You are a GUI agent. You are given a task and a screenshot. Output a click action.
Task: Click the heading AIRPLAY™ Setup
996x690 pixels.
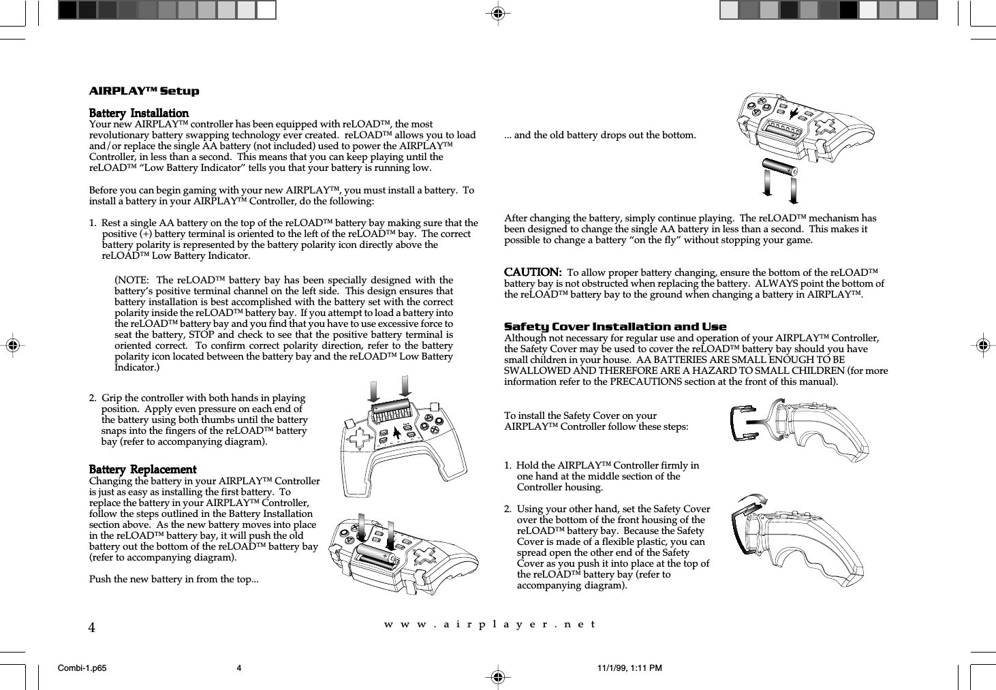pos(144,91)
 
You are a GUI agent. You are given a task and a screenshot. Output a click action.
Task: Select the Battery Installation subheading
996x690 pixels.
pos(139,113)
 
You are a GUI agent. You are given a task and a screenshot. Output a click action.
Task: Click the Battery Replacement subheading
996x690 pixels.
pos(142,470)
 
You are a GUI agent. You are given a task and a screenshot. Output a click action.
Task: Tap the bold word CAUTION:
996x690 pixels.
pos(532,272)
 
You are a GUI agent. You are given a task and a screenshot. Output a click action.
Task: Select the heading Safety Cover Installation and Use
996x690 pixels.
pos(614,327)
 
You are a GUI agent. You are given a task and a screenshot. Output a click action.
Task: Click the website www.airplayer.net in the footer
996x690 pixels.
pos(489,624)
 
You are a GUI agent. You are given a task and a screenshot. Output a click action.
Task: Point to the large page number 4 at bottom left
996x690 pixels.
pos(92,627)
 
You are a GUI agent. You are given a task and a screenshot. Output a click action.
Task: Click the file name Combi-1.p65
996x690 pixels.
pos(82,668)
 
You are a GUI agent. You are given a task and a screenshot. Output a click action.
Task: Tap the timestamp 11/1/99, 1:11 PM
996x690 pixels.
pos(629,668)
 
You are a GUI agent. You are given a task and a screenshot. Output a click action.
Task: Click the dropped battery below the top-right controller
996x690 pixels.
pos(779,167)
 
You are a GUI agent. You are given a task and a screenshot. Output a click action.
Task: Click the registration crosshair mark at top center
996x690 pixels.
pos(498,12)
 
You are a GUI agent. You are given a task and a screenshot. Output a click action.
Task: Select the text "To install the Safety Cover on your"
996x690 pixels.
pos(580,415)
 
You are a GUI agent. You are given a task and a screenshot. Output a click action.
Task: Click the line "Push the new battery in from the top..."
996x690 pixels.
pos(174,580)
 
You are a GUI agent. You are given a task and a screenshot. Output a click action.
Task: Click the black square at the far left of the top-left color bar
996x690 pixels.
pos(67,10)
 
